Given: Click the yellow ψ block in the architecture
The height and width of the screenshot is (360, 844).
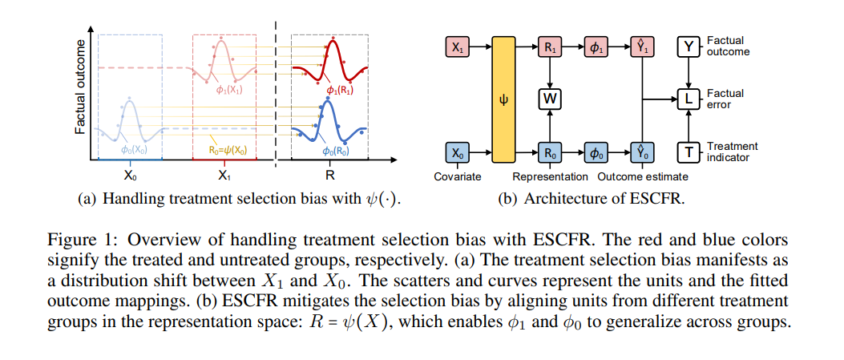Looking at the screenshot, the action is [x=504, y=100].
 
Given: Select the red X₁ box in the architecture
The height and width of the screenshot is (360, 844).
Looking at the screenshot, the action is [x=457, y=47].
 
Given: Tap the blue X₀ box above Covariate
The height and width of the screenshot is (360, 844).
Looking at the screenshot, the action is [x=457, y=153].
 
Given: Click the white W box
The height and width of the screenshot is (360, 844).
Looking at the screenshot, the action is [x=549, y=100].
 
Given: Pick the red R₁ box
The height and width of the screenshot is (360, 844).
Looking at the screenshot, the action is [x=549, y=47].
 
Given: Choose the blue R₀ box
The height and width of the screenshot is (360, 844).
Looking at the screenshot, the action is [x=549, y=153].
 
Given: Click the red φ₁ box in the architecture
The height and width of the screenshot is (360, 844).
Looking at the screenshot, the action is [x=595, y=47].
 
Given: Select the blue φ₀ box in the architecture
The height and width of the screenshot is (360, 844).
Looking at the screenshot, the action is [x=595, y=153].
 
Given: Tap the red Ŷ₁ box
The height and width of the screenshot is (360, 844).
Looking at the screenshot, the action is [x=641, y=47].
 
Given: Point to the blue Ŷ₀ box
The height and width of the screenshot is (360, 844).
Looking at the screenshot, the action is [x=641, y=153].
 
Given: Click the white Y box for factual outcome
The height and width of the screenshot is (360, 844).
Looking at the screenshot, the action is [x=688, y=47].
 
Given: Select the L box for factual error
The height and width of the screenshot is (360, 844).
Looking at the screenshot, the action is [x=688, y=100].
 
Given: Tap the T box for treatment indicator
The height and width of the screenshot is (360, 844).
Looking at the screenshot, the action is [x=688, y=153].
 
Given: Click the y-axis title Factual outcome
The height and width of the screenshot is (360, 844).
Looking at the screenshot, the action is [x=81, y=87].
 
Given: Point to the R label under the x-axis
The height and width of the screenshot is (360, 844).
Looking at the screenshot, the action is [x=329, y=175].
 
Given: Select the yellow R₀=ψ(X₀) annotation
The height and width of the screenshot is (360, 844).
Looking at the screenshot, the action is [x=228, y=152].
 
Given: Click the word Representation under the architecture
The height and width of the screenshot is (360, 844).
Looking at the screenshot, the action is [x=550, y=176].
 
